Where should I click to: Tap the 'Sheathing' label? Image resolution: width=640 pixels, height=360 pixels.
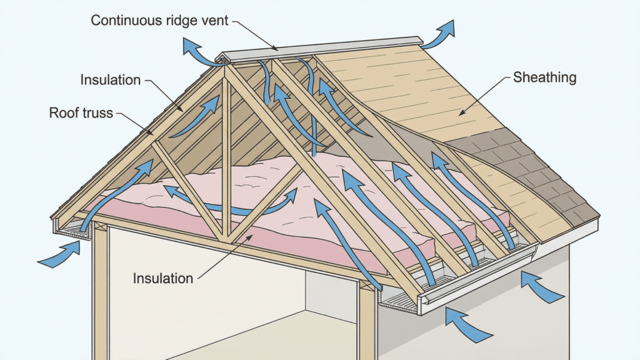pos(544,78)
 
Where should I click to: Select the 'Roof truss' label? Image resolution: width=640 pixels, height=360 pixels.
pos(81,113)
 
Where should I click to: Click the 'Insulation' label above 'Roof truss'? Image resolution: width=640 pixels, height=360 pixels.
pos(111,80)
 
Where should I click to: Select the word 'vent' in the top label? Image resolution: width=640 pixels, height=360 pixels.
pos(214,20)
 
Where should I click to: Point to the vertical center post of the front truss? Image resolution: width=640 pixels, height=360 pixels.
pos(226,156)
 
